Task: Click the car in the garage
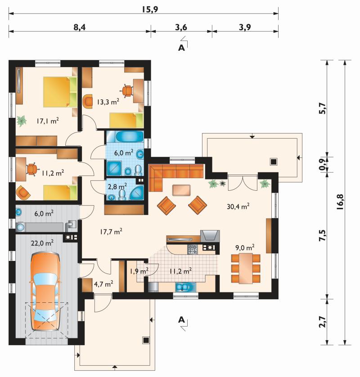(45, 292)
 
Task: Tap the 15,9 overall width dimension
(149, 9)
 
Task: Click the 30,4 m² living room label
(238, 206)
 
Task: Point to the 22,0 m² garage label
(42, 243)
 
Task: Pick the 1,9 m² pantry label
(139, 271)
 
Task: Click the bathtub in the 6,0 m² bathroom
(130, 137)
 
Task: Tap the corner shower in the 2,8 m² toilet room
(137, 193)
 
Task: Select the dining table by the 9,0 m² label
(246, 268)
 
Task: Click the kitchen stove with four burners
(193, 249)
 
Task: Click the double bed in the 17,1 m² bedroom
(60, 92)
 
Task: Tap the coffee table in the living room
(181, 190)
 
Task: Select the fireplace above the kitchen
(210, 236)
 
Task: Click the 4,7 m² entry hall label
(103, 284)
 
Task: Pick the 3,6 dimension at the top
(181, 27)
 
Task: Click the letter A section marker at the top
(181, 48)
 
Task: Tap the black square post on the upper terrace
(273, 162)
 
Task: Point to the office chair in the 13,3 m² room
(127, 90)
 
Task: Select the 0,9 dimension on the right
(322, 165)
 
